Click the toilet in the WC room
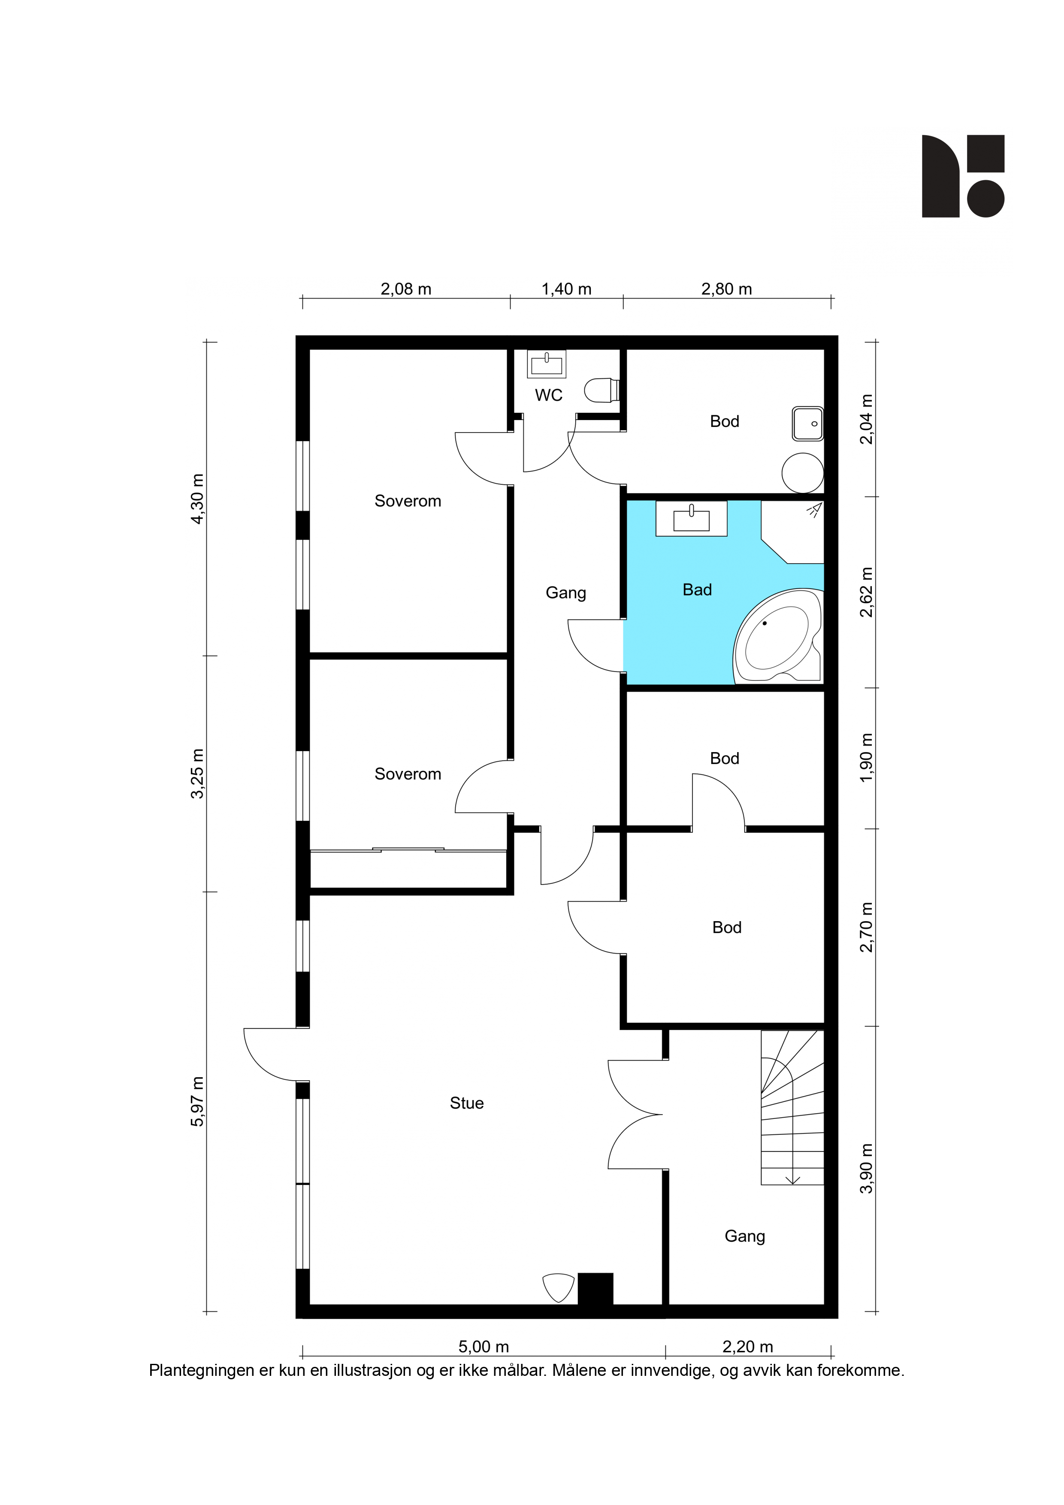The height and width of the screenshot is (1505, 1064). pos(602,390)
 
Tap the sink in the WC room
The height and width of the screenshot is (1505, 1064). pos(547,364)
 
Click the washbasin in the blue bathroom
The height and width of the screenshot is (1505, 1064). pos(692,519)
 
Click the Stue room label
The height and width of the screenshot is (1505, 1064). pos(467,1103)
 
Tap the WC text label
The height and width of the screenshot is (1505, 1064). pos(549,395)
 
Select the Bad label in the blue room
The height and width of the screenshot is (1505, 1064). pos(697,590)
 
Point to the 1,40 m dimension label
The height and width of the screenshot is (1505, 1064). pos(566,289)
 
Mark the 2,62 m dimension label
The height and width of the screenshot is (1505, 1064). pos(867,592)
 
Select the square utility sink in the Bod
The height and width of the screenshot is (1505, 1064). pos(808,423)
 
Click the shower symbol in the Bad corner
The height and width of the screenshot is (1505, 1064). pos(814,510)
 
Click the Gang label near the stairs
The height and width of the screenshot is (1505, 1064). pos(745,1236)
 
